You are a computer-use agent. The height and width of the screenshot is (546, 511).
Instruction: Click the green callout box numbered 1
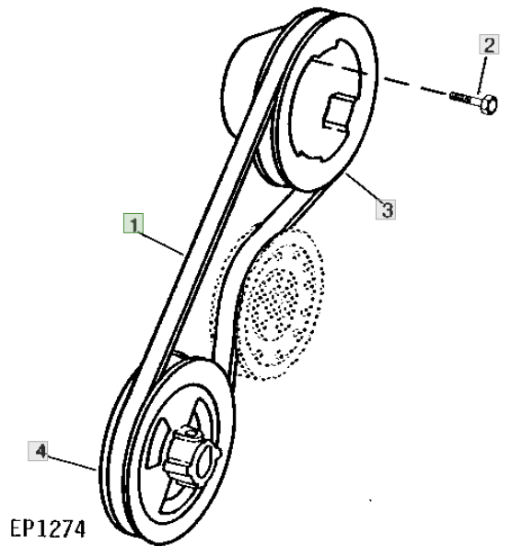coord(134,223)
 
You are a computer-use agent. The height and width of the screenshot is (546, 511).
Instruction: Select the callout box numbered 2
coord(489,44)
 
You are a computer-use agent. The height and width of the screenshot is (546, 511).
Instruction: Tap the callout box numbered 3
coord(386,209)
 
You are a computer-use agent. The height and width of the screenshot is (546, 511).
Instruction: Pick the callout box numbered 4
coord(38,451)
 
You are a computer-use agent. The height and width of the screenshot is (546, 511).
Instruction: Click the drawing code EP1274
coord(48,529)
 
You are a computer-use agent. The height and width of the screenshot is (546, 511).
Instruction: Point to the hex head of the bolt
coord(488,104)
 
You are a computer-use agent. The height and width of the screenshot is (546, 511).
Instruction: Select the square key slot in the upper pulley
coord(340,113)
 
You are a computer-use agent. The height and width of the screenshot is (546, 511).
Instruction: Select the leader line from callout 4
coord(71,463)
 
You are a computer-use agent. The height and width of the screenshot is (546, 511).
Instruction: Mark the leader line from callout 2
coord(482,74)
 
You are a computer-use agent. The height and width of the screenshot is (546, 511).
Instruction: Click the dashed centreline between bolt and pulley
coord(379,77)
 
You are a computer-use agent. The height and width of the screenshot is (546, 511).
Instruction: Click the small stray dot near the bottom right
coord(370,501)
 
